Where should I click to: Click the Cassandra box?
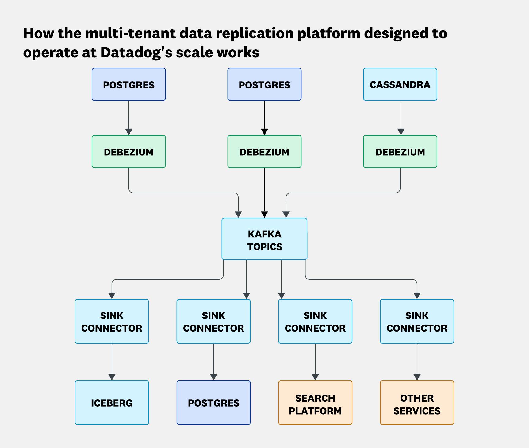[400, 84]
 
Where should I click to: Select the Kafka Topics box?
[264, 239]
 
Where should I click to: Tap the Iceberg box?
[112, 403]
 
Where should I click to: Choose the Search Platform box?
[315, 403]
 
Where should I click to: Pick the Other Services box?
[417, 403]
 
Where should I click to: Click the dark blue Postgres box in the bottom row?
[213, 403]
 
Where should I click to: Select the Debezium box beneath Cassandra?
[400, 152]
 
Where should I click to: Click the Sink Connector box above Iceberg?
[112, 321]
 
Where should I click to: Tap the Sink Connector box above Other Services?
[417, 321]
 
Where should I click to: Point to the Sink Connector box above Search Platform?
[315, 321]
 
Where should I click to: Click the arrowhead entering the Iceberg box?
[112, 377]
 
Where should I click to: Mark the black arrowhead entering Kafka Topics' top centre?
[264, 214]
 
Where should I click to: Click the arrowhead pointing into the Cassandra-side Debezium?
[401, 132]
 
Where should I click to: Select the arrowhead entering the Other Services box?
[417, 377]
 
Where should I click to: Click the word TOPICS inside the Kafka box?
[265, 247]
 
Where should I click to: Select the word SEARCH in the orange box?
[315, 398]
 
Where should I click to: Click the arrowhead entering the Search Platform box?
[315, 377]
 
